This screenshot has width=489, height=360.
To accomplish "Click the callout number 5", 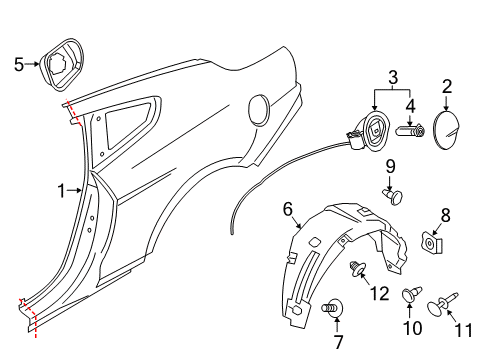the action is point(19,64).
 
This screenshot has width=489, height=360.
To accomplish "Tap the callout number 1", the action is point(61,191).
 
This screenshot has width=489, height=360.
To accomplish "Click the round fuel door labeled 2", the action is point(446,130).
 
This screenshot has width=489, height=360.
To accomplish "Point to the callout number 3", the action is point(393,77).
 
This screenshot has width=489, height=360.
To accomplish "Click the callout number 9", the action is point(390,166).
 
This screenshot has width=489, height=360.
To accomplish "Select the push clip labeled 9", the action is point(393,196).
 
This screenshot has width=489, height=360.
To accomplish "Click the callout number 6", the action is point(288,210).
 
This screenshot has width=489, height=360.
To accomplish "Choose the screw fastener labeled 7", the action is point(332,308).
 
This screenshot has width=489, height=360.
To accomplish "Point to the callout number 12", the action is point(380,294).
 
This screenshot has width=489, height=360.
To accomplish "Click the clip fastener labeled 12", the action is point(357,269).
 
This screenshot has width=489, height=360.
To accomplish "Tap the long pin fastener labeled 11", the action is point(442,304).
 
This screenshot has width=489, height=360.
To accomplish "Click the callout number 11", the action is point(463,330).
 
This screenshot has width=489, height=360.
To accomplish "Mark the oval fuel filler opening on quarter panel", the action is point(259,110).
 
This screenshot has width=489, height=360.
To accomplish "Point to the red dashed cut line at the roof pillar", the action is point(74,113).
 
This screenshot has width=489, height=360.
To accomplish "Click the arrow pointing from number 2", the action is point(446,102).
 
